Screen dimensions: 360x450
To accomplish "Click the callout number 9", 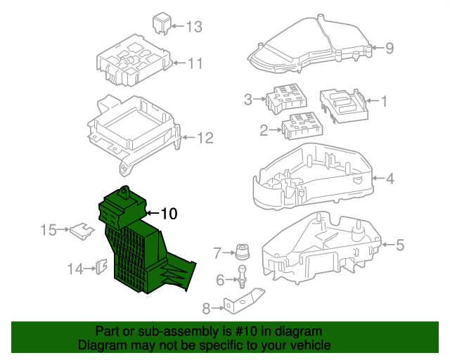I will pyautogui.click(x=390, y=48).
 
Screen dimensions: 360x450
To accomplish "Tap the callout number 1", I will pyautogui.click(x=384, y=101).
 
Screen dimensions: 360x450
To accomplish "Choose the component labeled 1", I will pyautogui.click(x=343, y=104).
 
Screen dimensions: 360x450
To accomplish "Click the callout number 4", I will pyautogui.click(x=390, y=178).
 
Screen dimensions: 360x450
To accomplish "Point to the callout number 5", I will pyautogui.click(x=399, y=245).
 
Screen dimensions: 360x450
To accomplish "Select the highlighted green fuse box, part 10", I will pyautogui.click(x=141, y=246).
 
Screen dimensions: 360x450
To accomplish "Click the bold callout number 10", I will pyautogui.click(x=171, y=213).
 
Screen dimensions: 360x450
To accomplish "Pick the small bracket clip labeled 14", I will pyautogui.click(x=100, y=268).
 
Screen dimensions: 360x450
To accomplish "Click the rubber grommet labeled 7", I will pyautogui.click(x=243, y=251).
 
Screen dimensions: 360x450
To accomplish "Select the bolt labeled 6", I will pyautogui.click(x=242, y=276).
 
